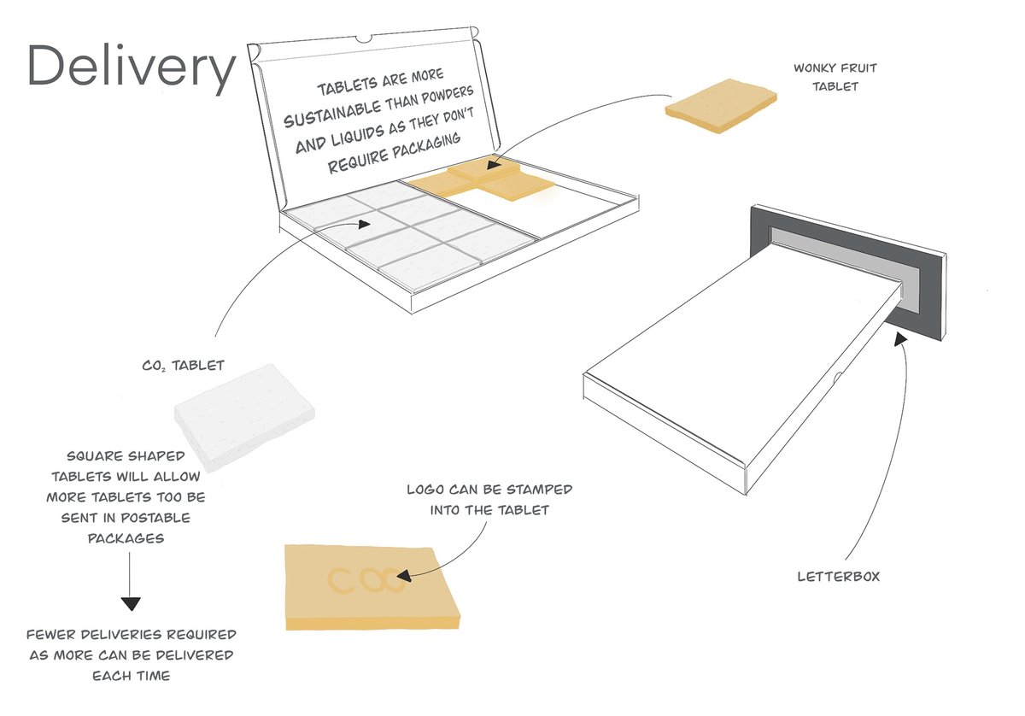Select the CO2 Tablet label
click(183, 366)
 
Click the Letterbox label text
click(837, 576)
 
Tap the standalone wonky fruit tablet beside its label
click(722, 107)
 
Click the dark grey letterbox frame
click(922, 282)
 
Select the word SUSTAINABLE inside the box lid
click(337, 118)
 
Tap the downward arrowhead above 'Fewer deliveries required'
click(130, 603)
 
